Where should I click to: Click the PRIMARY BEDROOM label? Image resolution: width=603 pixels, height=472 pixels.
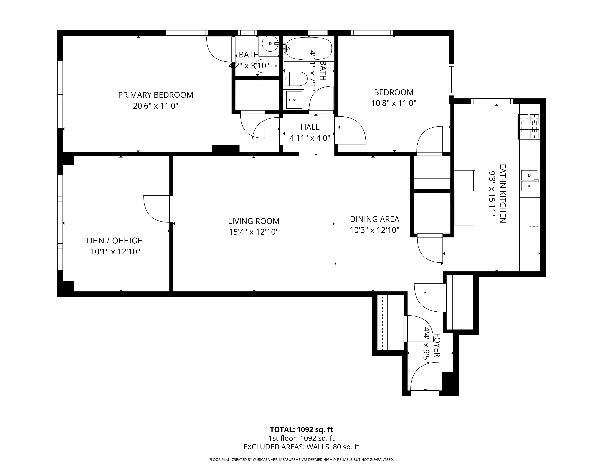[x=156, y=95]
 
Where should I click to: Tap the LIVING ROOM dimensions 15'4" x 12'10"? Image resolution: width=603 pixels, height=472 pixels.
[x=254, y=232]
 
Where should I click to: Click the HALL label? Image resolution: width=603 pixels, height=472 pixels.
[x=310, y=127]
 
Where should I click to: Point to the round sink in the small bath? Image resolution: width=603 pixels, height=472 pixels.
[x=270, y=44]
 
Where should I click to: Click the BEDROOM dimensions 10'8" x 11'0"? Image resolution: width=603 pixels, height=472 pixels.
[x=394, y=103]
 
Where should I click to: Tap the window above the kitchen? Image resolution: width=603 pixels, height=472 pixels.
[x=492, y=101]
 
